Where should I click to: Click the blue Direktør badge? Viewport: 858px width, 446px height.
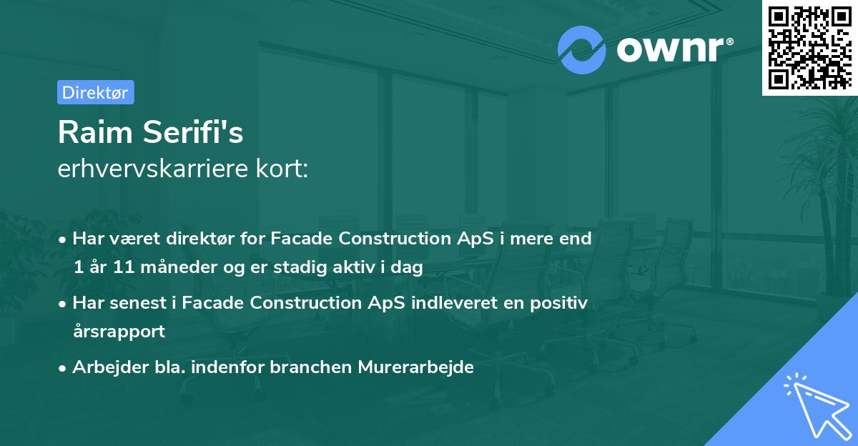(96, 92)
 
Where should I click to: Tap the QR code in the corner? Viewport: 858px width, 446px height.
(809, 47)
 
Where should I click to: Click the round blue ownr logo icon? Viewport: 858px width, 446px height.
(581, 50)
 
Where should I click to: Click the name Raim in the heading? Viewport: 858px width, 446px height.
(95, 132)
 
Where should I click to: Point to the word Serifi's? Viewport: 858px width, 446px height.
(193, 132)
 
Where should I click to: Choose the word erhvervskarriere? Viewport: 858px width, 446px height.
(153, 169)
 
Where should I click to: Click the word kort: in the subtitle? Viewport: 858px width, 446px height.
(282, 169)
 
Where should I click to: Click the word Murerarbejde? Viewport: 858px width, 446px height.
(415, 367)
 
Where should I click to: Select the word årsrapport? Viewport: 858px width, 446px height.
(119, 332)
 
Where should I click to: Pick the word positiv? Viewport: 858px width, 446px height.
(558, 303)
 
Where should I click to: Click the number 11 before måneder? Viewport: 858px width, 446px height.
(124, 267)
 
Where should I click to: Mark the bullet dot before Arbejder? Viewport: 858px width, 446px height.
(62, 369)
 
